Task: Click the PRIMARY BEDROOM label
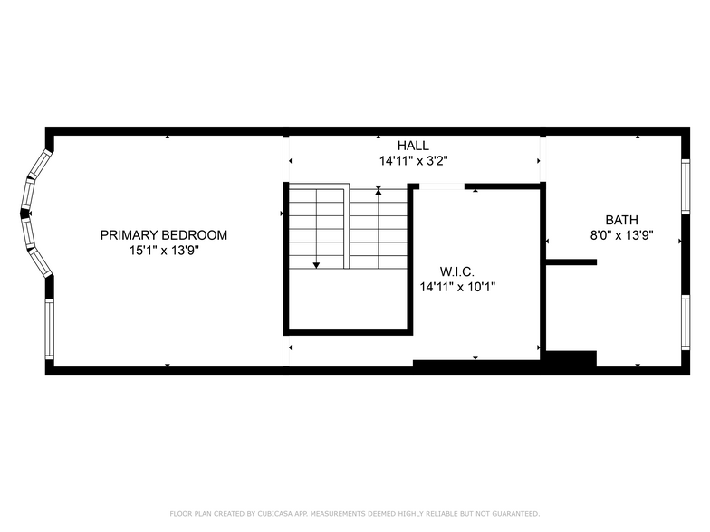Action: point(163,235)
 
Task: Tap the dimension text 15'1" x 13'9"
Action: point(165,250)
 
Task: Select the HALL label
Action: point(413,146)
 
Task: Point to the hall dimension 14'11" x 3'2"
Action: point(413,161)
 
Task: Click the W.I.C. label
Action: point(456,271)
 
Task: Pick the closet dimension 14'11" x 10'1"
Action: point(457,287)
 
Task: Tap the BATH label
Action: point(621,221)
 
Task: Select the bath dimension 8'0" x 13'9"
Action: point(621,235)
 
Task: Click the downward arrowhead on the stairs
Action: point(317,265)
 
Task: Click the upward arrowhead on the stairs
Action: point(379,192)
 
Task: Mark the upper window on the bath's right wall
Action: point(686,186)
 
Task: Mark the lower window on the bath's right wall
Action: point(686,322)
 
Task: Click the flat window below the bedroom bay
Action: point(49,329)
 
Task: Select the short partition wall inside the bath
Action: point(571,262)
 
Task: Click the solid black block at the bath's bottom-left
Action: point(571,358)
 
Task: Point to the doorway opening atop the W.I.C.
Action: point(442,186)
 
